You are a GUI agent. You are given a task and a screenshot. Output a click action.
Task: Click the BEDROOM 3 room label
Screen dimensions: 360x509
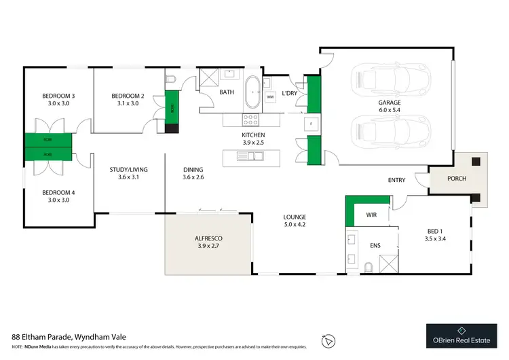pyautogui.click(x=58, y=96)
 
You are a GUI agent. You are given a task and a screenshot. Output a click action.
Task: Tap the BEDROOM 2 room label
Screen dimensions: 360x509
pyautogui.click(x=128, y=96)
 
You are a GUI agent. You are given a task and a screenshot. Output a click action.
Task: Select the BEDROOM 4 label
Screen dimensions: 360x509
pyautogui.click(x=58, y=192)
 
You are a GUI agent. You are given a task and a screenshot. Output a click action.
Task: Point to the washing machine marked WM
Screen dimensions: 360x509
pyautogui.click(x=270, y=98)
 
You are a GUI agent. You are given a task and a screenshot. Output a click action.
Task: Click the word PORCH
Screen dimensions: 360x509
pyautogui.click(x=457, y=179)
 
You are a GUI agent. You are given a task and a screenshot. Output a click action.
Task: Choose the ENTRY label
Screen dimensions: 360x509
pyautogui.click(x=396, y=180)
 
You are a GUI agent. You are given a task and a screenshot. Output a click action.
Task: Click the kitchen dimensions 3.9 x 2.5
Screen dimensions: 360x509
pyautogui.click(x=253, y=143)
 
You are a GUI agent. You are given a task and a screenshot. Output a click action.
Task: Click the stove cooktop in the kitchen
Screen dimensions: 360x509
pyautogui.click(x=251, y=120)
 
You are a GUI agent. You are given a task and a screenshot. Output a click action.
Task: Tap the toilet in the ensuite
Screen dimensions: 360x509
pyautogui.click(x=368, y=266)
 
